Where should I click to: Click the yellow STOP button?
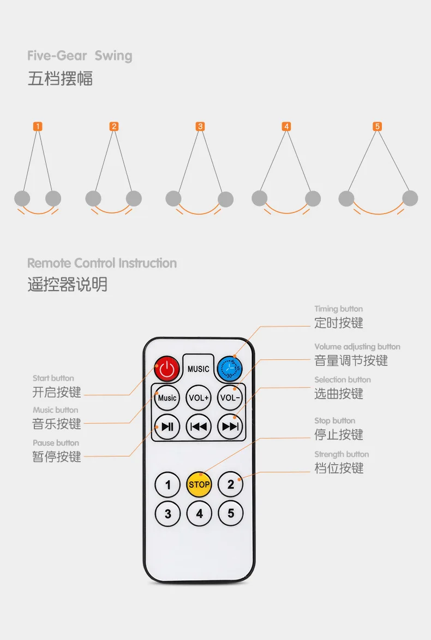coord(199,484)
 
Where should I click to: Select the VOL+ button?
coord(199,398)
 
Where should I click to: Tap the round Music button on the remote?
coord(167,398)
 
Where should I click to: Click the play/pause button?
coord(167,426)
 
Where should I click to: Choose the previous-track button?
coord(199,426)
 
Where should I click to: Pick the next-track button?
coord(230,426)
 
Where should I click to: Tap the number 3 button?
coord(167,513)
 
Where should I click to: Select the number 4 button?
coord(199,513)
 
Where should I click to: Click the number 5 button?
coord(231,513)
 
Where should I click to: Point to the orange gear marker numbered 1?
coord(37,127)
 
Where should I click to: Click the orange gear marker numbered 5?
coord(378,127)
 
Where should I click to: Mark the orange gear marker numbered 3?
coord(200,127)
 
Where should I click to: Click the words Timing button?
coord(338,309)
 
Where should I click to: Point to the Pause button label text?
coord(56,443)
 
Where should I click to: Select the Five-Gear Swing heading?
coord(80,56)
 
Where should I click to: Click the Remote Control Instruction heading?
coord(102,263)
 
